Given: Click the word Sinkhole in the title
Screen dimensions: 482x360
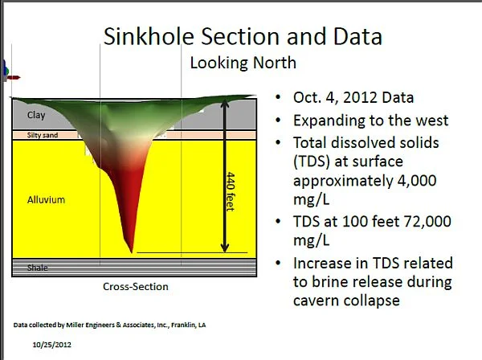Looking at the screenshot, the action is (x=149, y=36).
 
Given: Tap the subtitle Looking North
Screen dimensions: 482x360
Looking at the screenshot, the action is (x=243, y=63).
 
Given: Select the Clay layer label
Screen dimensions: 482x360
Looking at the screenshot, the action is (x=36, y=115).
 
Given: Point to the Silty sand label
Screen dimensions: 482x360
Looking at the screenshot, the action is (x=43, y=135).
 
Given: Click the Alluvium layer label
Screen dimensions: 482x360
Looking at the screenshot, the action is (x=46, y=200).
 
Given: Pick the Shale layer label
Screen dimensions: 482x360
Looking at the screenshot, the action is (x=37, y=268).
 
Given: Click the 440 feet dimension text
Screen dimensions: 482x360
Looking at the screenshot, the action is (x=231, y=191).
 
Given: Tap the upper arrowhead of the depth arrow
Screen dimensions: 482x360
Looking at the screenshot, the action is (x=225, y=103).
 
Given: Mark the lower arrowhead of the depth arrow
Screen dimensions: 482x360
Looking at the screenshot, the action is (x=225, y=247).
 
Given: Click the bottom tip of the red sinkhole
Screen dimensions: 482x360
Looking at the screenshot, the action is (x=132, y=252).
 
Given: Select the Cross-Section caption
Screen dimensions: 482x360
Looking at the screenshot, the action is (x=136, y=287).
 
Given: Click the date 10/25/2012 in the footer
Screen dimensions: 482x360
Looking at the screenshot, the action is (x=52, y=345).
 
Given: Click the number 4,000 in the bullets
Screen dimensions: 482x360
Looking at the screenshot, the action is (x=417, y=181).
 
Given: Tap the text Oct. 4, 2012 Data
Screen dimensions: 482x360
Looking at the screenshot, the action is (x=353, y=98).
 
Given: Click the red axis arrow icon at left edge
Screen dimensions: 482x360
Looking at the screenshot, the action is (x=13, y=77).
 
